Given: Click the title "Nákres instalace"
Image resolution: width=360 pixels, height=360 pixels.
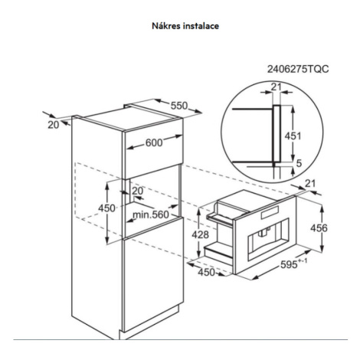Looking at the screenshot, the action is [x=185, y=26].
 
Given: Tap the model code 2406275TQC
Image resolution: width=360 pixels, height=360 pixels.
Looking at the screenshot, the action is [x=298, y=69].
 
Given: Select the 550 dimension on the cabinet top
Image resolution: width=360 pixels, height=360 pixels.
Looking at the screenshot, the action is [x=179, y=106].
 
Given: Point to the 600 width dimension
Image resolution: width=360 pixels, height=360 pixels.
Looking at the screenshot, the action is [x=154, y=143].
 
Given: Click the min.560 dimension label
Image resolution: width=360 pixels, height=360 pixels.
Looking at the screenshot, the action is [x=151, y=214].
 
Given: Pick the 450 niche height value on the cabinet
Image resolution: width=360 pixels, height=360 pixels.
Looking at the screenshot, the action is [x=106, y=208].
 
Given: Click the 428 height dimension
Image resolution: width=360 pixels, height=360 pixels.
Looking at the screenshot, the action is [x=201, y=234].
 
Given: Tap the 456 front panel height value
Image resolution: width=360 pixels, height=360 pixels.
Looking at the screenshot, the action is [x=319, y=227].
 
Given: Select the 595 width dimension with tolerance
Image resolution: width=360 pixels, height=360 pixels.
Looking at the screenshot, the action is [x=294, y=263].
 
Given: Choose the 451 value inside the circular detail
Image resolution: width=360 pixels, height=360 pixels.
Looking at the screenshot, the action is [x=293, y=136].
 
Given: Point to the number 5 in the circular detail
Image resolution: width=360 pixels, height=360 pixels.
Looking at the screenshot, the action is [x=299, y=163].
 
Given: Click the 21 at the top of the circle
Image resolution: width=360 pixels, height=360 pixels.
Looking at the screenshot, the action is [x=276, y=87].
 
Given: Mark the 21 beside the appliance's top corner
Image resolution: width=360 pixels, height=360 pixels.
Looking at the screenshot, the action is [x=310, y=183].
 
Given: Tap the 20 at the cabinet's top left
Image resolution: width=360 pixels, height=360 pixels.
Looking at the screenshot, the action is [x=54, y=125].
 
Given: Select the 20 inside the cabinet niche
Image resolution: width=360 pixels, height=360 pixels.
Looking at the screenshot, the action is [x=138, y=191].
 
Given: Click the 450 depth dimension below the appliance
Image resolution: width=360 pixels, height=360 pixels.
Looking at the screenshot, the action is [x=207, y=272].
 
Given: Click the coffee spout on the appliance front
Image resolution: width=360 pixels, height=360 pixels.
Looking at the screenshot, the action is [x=263, y=232].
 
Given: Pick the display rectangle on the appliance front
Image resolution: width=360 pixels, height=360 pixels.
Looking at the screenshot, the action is [x=270, y=213].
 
